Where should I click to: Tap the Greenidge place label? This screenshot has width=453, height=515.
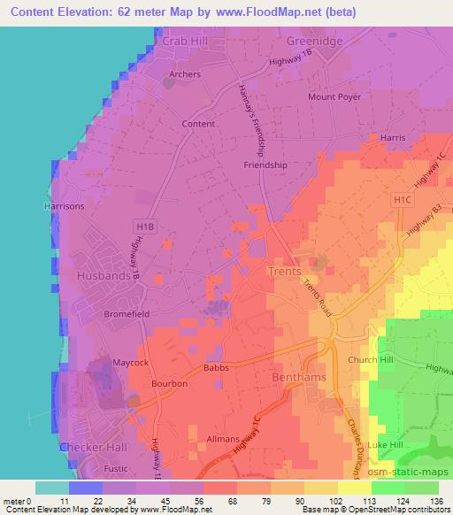313,41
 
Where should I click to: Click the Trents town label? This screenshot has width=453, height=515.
284,271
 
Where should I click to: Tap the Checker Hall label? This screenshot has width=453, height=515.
94,448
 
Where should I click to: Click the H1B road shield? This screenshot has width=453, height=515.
146,227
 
